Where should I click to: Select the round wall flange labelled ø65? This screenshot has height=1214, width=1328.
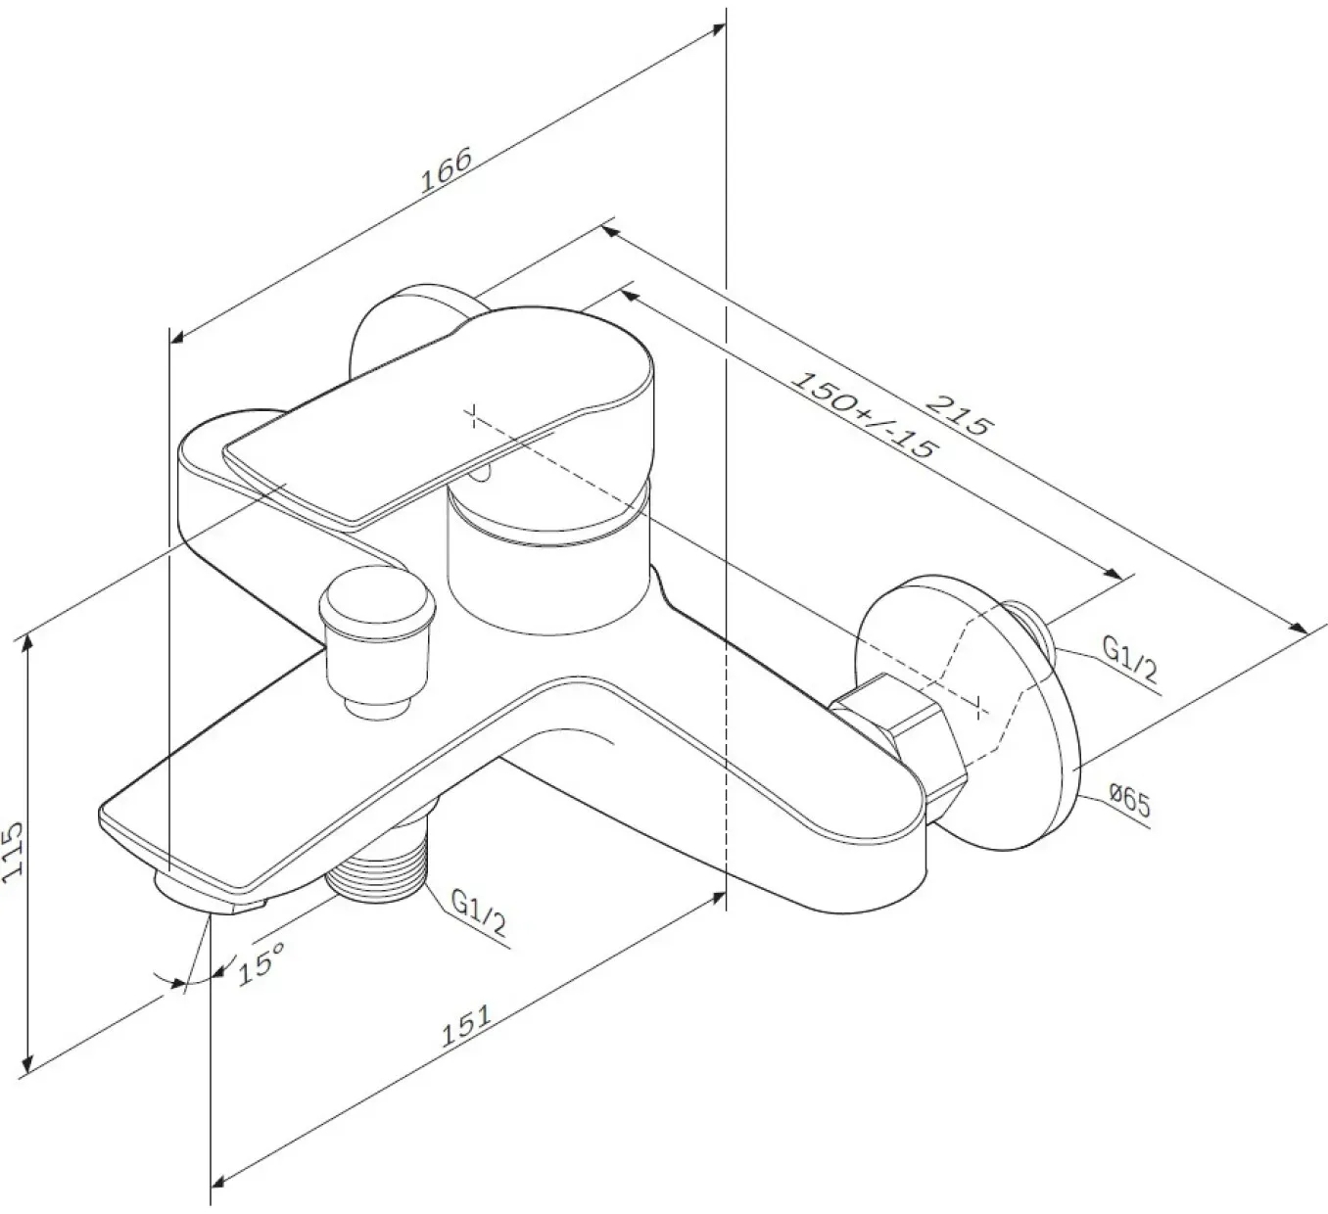click(971, 713)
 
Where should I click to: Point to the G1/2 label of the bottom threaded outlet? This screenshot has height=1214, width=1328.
click(478, 912)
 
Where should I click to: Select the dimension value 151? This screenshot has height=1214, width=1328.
click(467, 1026)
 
